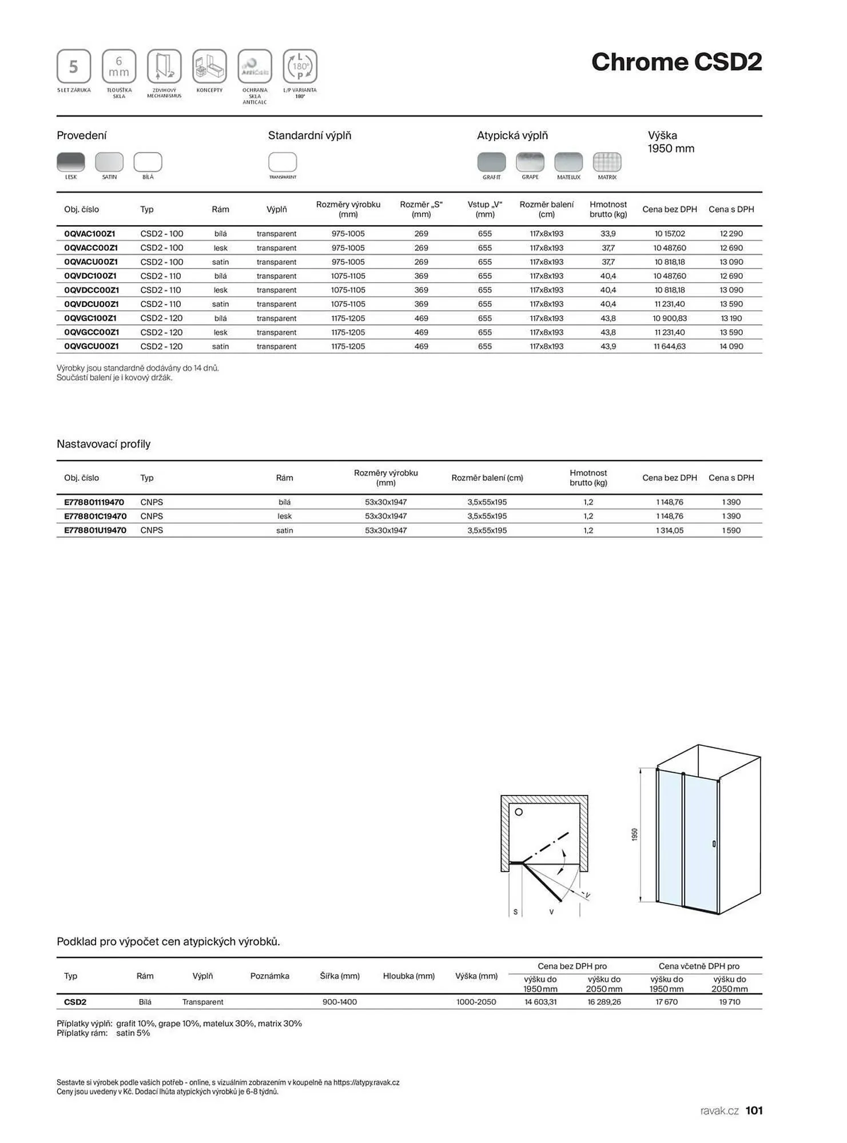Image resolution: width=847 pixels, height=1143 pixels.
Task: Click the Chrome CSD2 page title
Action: (676, 62)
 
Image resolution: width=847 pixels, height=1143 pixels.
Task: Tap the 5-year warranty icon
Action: (74, 66)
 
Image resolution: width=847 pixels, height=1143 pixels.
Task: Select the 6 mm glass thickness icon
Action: (119, 66)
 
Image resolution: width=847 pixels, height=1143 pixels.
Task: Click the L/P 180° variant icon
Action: (300, 66)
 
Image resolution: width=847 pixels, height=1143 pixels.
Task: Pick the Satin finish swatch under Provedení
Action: (109, 162)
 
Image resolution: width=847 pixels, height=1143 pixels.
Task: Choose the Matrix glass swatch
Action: (607, 162)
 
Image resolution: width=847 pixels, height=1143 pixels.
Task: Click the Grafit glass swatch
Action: (491, 162)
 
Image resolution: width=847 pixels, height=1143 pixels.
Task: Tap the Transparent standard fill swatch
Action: (283, 162)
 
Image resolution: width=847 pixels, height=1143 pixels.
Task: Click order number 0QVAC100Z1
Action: (90, 234)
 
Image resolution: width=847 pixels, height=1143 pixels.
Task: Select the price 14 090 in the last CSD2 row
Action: (731, 346)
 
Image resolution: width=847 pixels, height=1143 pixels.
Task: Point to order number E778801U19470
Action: (95, 530)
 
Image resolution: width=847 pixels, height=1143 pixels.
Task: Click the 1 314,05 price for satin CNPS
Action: (669, 530)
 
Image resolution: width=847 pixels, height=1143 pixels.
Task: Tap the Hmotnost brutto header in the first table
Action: (608, 209)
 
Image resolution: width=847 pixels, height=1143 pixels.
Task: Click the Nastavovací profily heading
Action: (104, 444)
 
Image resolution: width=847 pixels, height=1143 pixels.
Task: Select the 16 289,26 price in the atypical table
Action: (603, 1002)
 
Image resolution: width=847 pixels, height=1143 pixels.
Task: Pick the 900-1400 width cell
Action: (340, 1002)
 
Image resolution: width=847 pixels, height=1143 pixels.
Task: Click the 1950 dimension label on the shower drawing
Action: (635, 834)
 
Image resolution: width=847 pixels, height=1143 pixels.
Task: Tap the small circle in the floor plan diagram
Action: (519, 812)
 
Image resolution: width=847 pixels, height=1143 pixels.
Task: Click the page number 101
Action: (754, 1110)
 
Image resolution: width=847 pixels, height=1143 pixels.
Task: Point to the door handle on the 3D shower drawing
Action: (714, 844)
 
